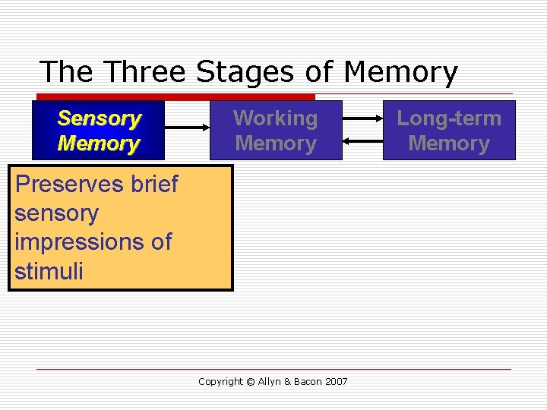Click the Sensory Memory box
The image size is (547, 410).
99,131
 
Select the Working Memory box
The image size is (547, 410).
276,131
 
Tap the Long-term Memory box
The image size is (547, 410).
449,131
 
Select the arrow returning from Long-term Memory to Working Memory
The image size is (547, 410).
362,140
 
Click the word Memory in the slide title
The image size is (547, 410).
400,72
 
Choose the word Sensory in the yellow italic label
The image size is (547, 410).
100,118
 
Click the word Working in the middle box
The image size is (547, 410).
276,118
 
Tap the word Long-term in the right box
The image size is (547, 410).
449,118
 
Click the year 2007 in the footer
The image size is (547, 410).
336,381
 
